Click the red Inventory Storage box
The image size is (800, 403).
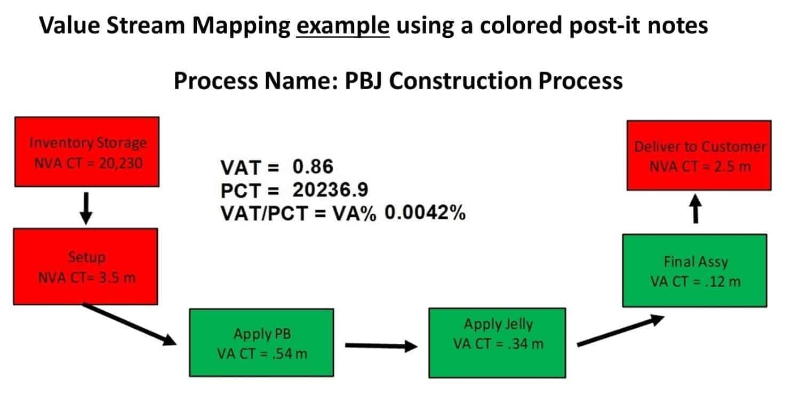87,152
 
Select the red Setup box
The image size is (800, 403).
85,266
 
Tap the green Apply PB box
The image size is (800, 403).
261,343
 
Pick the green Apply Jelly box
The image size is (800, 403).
497,343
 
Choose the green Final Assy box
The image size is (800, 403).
694,270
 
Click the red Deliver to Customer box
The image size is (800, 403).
699,155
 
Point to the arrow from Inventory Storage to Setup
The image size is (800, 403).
86,209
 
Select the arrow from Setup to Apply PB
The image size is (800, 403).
129,325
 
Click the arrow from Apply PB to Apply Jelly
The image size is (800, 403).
381,346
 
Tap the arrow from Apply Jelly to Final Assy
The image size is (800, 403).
620,330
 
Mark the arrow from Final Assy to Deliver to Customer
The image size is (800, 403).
695,209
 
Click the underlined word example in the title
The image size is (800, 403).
343,26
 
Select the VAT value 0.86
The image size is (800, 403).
313,167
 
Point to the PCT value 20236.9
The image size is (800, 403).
330,189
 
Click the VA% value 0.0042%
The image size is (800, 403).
425,212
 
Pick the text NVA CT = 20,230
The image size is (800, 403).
88,163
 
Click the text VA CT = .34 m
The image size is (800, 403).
498,344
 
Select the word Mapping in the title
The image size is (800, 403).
242,26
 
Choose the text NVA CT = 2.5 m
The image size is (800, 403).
700,167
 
